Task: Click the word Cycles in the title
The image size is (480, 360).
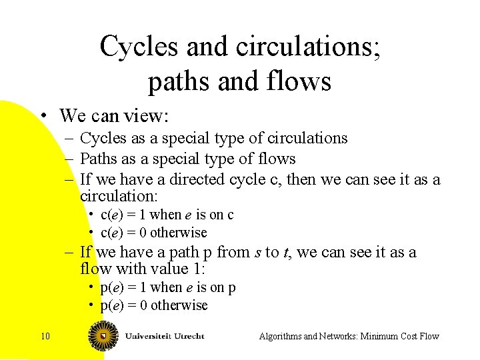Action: click(x=139, y=47)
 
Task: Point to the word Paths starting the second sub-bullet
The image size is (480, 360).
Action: click(x=98, y=159)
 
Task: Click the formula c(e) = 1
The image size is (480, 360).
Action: click(x=123, y=215)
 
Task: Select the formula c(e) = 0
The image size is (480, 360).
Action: click(x=124, y=233)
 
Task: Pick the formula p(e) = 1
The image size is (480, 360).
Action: click(x=123, y=287)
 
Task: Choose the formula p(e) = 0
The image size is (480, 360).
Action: click(x=124, y=305)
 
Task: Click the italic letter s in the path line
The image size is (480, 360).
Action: click(x=257, y=253)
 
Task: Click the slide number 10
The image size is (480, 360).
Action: click(x=45, y=336)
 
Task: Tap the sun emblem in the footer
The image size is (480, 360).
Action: click(x=103, y=335)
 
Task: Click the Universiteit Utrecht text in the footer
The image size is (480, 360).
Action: click(x=164, y=335)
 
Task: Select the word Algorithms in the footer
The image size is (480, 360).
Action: click(x=280, y=336)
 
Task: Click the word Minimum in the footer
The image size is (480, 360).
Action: click(x=381, y=336)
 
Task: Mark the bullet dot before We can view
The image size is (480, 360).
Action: click(x=42, y=116)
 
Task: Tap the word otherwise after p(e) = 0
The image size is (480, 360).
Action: click(x=179, y=305)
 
